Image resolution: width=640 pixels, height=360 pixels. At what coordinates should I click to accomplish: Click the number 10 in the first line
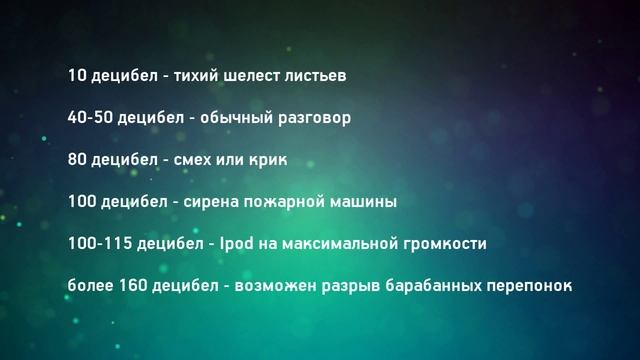(77, 75)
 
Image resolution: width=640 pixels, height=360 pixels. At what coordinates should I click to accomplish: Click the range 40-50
(90, 117)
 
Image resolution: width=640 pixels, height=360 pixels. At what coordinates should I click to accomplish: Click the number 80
(78, 159)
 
